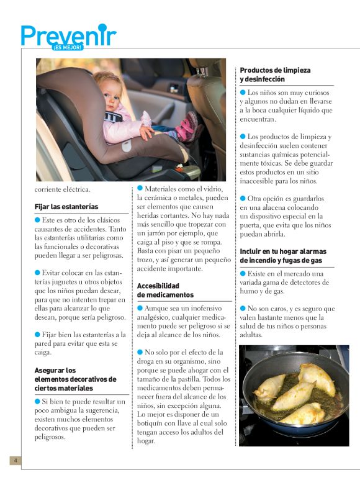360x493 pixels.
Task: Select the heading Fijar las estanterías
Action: click(x=66, y=206)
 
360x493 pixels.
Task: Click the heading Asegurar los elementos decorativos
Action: click(x=75, y=379)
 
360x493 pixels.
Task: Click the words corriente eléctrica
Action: click(x=63, y=189)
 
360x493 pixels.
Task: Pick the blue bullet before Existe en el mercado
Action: click(x=243, y=273)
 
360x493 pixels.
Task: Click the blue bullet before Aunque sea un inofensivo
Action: click(x=140, y=307)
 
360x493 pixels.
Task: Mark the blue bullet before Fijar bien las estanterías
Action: click(x=38, y=334)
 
